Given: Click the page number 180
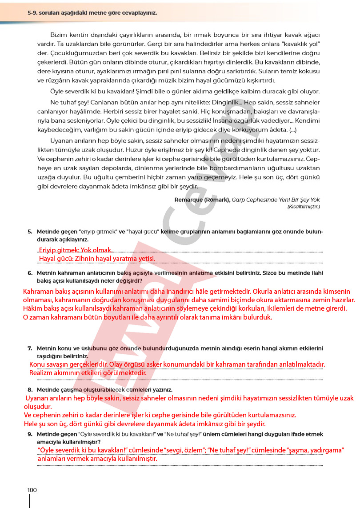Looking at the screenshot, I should [32, 490].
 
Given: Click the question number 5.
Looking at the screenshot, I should [30, 232].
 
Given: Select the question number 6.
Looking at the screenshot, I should [30, 273].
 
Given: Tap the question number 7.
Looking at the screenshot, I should [30, 348].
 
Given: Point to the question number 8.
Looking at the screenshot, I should [30, 389].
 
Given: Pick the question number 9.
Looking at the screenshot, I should [30, 434].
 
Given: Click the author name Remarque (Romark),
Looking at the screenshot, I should [202, 200].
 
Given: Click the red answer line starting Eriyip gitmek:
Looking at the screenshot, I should [76, 250].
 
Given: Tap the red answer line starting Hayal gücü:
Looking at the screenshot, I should [97, 258].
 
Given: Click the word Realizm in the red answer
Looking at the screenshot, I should [41, 373].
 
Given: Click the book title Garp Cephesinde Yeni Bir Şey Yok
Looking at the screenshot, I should [276, 200].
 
